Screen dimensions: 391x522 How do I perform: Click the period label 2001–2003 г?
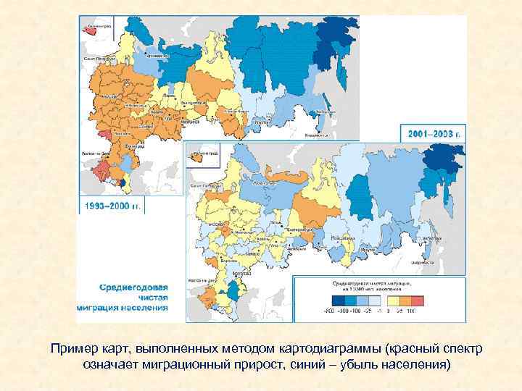coord(433,135)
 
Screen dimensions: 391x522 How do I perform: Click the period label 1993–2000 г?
coord(112,206)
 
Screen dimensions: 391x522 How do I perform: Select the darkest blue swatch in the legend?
coord(338,300)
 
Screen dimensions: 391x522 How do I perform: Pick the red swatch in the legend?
coord(417,300)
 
